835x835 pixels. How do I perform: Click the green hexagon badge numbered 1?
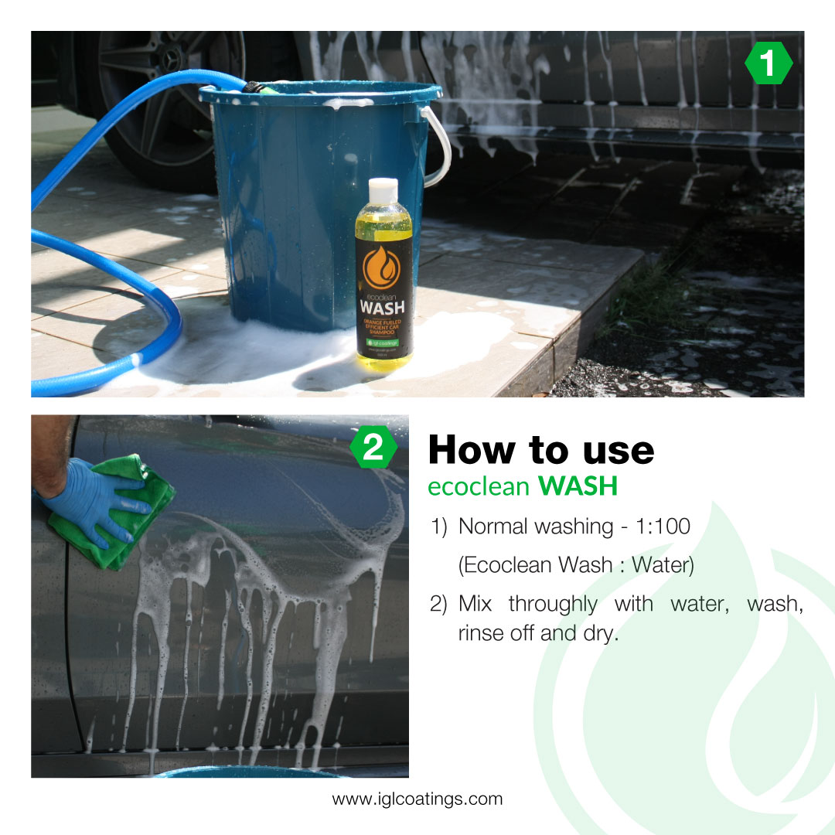(x=768, y=64)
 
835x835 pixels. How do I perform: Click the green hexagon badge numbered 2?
(x=373, y=448)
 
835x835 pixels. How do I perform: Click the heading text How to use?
(x=540, y=449)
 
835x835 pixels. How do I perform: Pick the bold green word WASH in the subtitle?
(x=578, y=486)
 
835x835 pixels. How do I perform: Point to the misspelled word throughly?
(x=553, y=603)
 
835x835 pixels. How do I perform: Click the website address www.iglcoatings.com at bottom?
(x=417, y=799)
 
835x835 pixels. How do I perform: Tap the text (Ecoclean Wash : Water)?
(x=576, y=565)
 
